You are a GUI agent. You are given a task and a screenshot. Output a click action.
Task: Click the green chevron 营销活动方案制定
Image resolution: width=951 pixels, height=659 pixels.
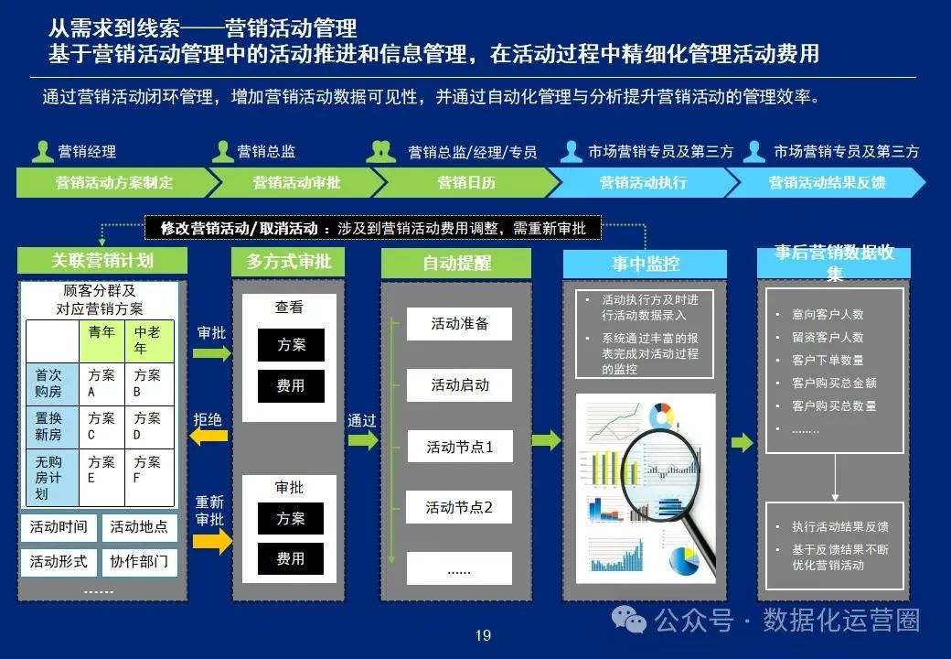click(x=113, y=182)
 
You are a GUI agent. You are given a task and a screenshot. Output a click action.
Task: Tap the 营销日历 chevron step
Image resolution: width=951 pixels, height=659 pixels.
click(x=466, y=182)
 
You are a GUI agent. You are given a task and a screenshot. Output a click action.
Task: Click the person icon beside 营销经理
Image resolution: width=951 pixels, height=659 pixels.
click(x=42, y=151)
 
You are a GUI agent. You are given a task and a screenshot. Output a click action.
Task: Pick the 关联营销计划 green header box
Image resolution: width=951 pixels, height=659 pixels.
click(x=102, y=261)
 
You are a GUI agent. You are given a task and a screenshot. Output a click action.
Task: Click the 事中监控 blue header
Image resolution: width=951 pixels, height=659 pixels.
click(x=645, y=265)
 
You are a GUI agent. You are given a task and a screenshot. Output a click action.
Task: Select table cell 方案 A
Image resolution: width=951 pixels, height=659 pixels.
click(x=101, y=384)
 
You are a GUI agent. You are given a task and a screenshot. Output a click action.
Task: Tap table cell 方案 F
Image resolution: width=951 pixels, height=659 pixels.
click(x=148, y=470)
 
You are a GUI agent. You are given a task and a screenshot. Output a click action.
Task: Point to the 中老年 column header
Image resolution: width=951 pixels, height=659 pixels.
click(x=148, y=340)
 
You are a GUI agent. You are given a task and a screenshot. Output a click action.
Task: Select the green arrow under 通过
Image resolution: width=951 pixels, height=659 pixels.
click(x=362, y=440)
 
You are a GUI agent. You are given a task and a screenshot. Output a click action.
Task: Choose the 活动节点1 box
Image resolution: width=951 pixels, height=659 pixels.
click(x=459, y=448)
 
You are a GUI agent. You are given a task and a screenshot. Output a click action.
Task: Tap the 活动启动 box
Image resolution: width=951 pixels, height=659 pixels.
click(x=459, y=385)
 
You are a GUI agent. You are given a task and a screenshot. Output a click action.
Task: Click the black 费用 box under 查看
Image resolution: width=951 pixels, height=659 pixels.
click(x=291, y=386)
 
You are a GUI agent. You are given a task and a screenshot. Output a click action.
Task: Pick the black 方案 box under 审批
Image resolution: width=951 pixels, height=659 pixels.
click(x=291, y=519)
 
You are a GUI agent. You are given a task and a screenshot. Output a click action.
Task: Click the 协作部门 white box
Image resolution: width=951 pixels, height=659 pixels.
click(x=138, y=561)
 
